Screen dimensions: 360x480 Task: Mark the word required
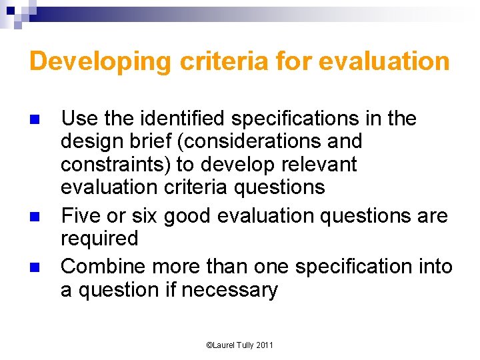[99, 239]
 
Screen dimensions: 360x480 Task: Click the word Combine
[103, 267]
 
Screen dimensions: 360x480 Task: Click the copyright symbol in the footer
[209, 345]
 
